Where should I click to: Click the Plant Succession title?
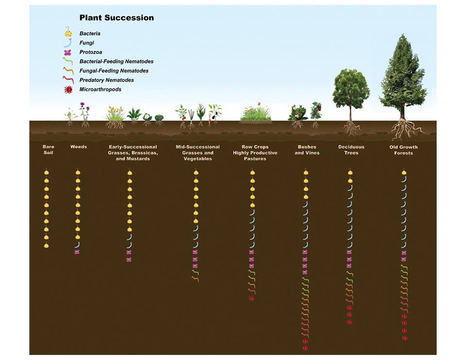click(x=116, y=18)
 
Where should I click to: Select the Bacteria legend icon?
click(x=68, y=33)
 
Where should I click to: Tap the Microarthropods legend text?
click(x=100, y=89)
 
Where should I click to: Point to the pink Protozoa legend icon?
click(x=68, y=52)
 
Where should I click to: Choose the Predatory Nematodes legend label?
click(x=106, y=80)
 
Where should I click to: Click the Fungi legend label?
click(x=86, y=43)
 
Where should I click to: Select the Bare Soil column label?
click(x=49, y=150)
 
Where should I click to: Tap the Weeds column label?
click(x=79, y=147)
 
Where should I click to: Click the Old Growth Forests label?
click(x=403, y=150)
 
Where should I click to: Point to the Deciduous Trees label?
click(x=351, y=150)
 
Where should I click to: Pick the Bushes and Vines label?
click(x=306, y=150)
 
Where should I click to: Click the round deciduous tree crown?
click(x=350, y=87)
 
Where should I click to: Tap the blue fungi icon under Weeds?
click(x=77, y=244)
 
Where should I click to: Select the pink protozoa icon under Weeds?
click(x=77, y=252)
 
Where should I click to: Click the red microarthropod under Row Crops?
click(x=251, y=298)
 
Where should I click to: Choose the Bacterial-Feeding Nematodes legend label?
click(x=116, y=61)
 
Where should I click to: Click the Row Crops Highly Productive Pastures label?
click(x=255, y=153)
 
